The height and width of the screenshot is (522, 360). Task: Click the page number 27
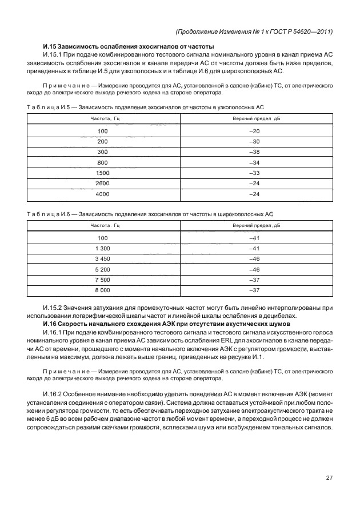pos(330,478)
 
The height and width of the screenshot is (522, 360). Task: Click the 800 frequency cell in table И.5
pos(103,162)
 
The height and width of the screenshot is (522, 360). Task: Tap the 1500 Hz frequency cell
pos(103,173)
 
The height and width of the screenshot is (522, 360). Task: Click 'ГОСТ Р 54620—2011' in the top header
pos(303,31)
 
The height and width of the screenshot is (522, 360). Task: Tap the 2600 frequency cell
pos(103,184)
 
